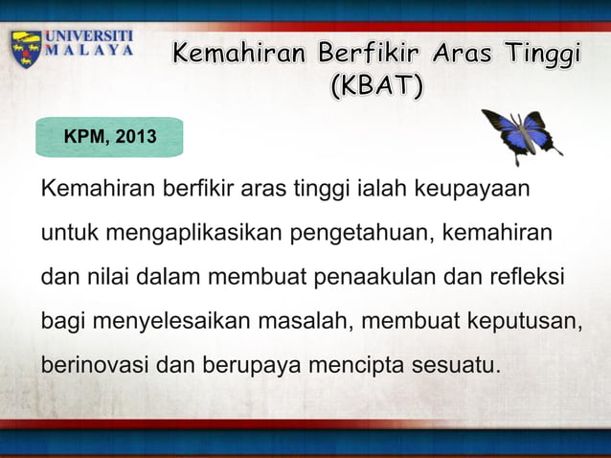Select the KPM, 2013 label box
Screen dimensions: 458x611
[109, 139]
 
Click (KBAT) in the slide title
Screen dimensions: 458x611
[375, 87]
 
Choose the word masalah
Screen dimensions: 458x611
[303, 322]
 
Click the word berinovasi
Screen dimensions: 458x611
[95, 366]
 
